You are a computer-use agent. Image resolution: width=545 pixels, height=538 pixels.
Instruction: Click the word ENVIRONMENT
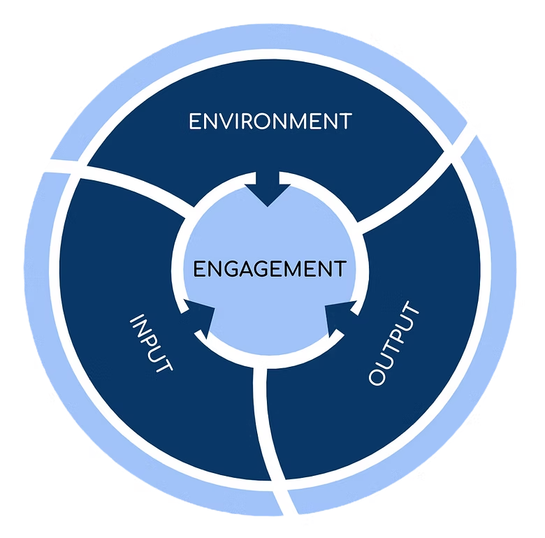click(x=270, y=121)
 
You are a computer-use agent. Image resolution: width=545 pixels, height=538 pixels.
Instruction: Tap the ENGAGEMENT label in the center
click(x=269, y=269)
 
